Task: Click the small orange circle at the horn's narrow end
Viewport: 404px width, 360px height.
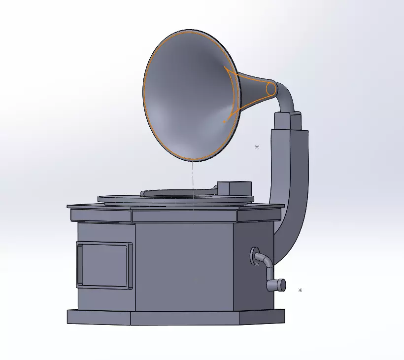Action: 271,89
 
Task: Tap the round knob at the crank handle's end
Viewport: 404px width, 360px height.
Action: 281,285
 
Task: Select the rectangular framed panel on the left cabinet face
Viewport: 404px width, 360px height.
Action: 104,265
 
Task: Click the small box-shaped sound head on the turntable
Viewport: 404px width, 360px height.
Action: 234,188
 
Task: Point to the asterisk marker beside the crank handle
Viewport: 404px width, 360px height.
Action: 300,290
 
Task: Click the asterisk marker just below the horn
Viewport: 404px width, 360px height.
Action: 257,146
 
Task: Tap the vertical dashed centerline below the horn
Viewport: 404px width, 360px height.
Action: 193,178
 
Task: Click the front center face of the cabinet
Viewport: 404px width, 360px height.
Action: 183,266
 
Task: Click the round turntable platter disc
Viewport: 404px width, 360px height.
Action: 123,199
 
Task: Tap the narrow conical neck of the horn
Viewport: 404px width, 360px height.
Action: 254,91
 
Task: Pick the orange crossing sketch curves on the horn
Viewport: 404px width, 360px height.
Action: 231,94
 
